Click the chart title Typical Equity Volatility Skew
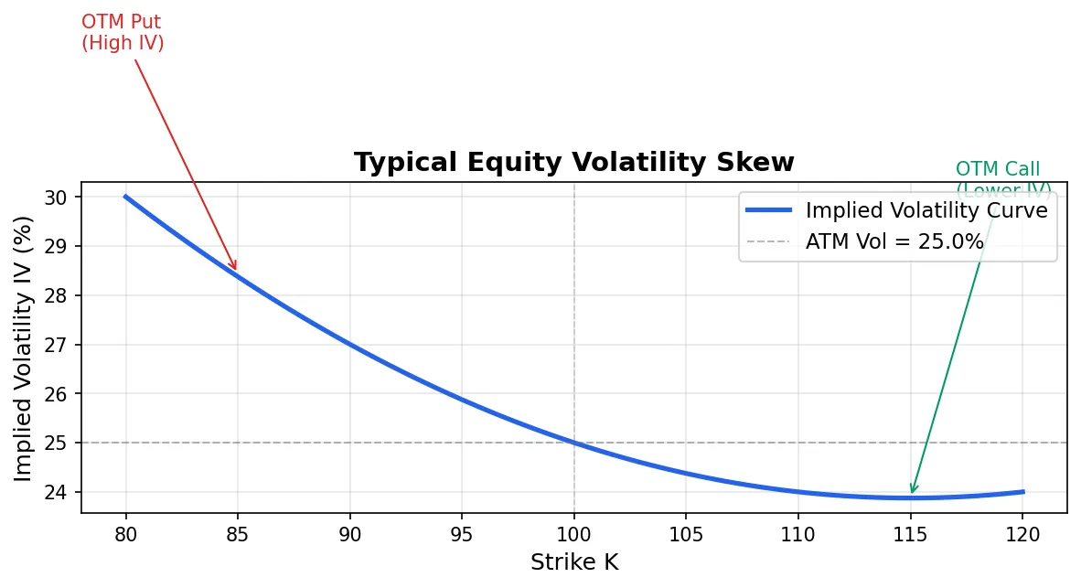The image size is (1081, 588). [573, 163]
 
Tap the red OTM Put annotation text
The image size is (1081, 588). [123, 32]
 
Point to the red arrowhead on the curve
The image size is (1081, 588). [236, 270]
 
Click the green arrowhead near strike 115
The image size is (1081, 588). [911, 492]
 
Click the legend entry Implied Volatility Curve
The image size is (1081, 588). [926, 210]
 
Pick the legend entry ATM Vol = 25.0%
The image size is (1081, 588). [894, 242]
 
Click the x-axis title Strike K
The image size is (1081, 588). [573, 562]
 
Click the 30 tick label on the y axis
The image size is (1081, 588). [57, 198]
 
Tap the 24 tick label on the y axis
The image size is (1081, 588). [57, 492]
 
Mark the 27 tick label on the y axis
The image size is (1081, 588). [57, 345]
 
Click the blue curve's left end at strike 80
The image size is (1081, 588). [126, 197]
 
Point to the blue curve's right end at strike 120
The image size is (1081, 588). [1022, 492]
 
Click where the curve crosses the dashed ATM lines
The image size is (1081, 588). [573, 443]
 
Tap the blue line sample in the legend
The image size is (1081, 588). [768, 210]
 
